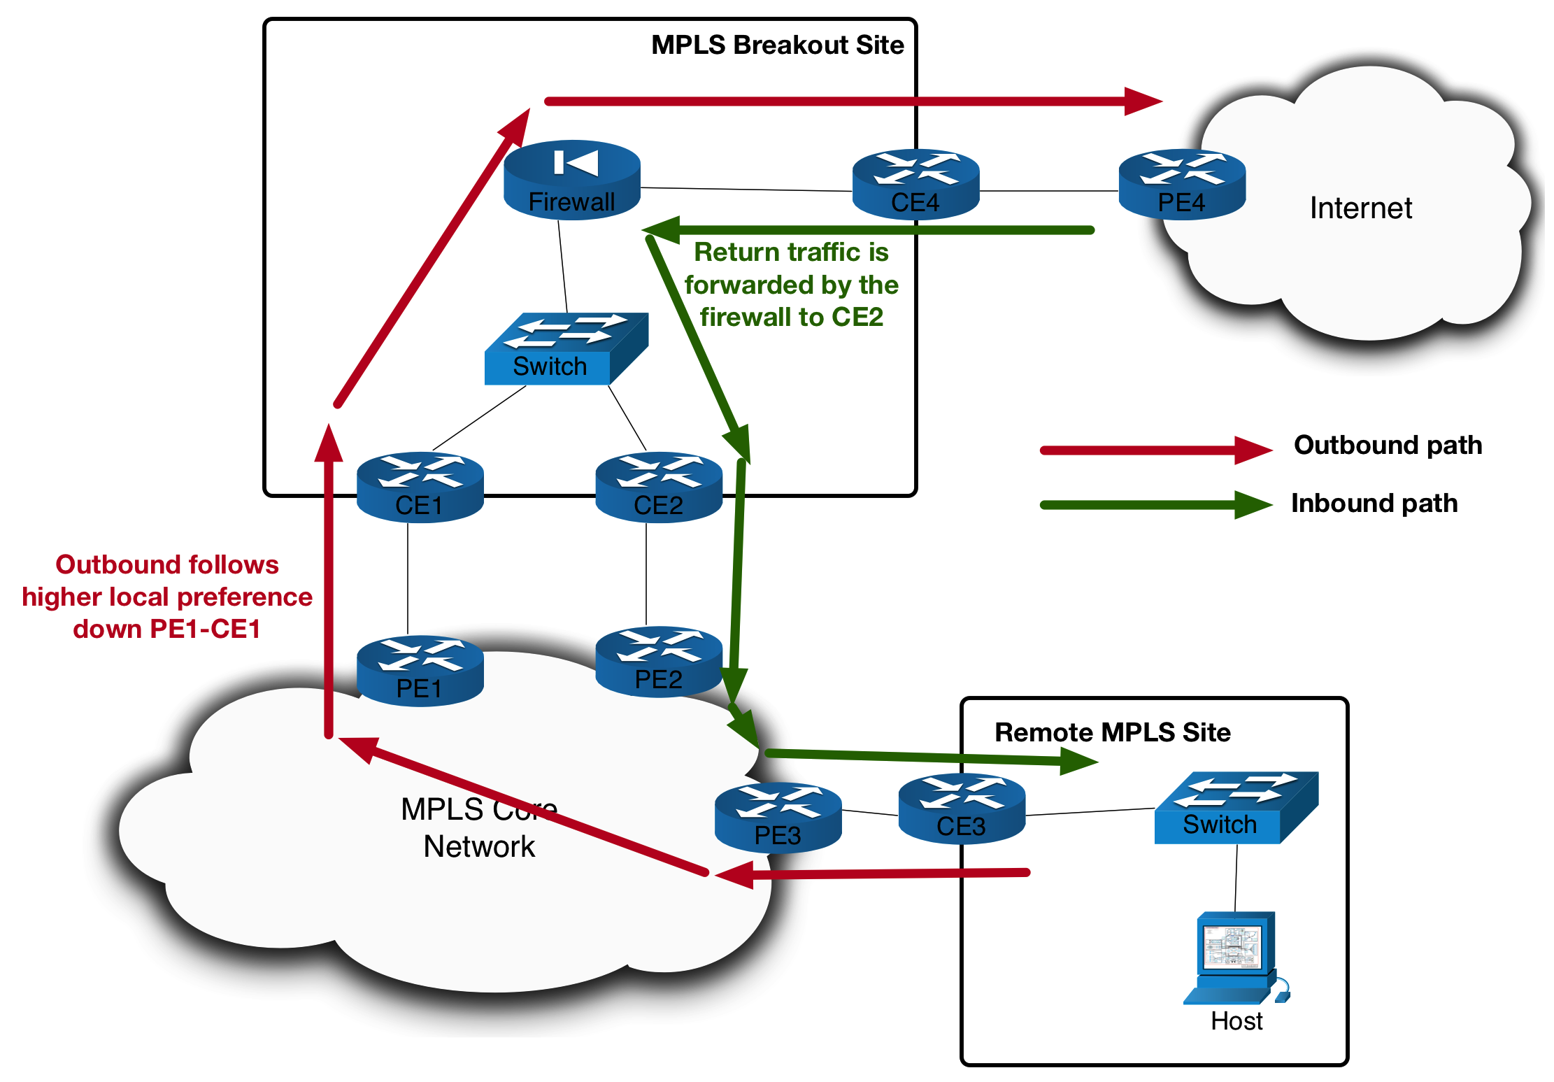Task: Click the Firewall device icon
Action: [572, 180]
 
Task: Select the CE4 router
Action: [915, 184]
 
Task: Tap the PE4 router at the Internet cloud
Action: [1182, 184]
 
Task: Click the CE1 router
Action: [420, 487]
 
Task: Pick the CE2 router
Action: [658, 487]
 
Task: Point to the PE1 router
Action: [420, 671]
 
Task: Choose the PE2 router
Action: [658, 662]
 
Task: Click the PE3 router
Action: [778, 817]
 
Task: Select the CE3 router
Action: [962, 809]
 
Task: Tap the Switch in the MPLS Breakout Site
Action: [565, 349]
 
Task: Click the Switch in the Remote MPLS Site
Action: [1236, 808]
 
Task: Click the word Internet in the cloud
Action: [1360, 208]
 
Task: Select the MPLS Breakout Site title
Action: [777, 45]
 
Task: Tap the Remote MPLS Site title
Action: [1112, 732]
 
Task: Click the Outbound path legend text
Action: [1388, 445]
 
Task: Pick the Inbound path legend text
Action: [1374, 503]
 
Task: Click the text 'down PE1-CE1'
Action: [166, 629]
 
